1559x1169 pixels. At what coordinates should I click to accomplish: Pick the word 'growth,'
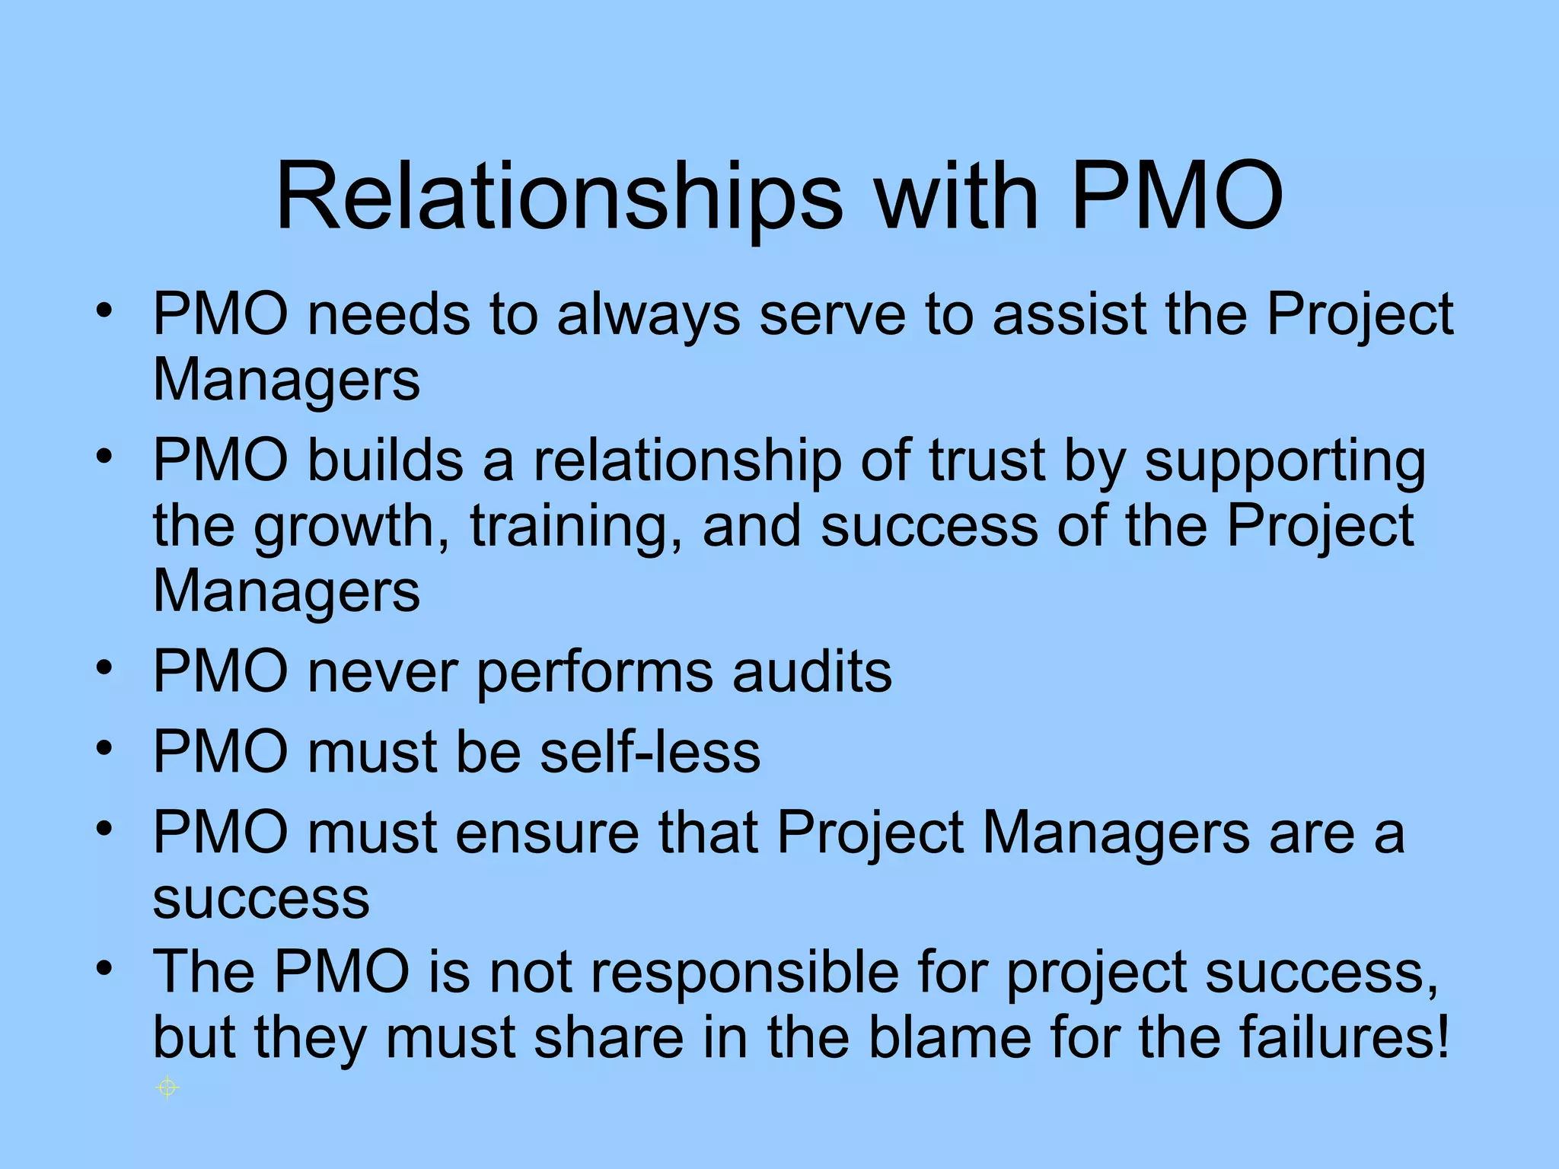coord(351,527)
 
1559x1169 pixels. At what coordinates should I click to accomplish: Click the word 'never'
coord(383,671)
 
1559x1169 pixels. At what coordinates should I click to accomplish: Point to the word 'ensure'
coord(547,832)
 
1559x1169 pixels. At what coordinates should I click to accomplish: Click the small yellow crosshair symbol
coord(167,1088)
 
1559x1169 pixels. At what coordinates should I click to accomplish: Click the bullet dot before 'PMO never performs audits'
coord(104,668)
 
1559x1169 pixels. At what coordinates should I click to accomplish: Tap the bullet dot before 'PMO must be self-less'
coord(104,748)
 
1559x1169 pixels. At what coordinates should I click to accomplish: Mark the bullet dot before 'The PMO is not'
coord(104,968)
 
